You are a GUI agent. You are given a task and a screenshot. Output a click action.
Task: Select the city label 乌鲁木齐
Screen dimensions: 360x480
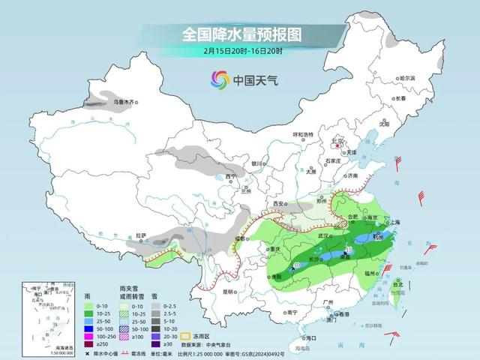122,100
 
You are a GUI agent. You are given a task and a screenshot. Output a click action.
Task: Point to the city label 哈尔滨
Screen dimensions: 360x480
407,78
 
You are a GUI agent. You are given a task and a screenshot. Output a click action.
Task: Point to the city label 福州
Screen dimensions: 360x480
372,275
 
